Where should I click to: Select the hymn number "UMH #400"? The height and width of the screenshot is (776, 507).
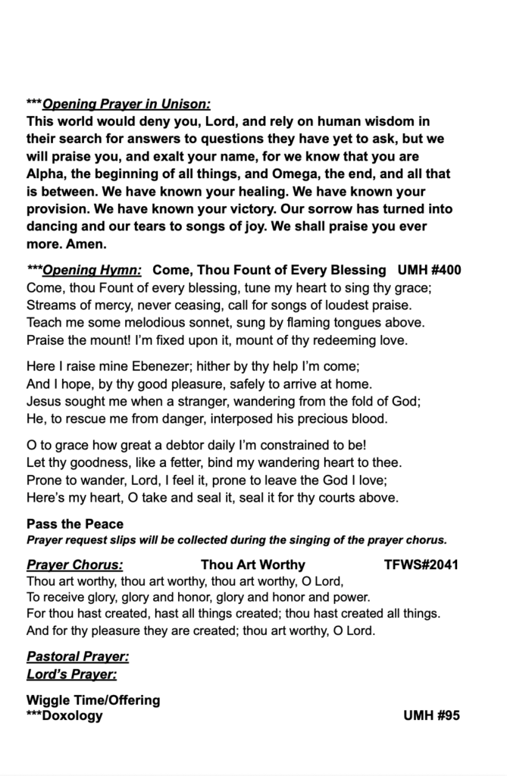coord(429,270)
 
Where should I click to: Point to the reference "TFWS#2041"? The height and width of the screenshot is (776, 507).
coord(421,565)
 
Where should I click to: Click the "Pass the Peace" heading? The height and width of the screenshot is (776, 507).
coord(75,524)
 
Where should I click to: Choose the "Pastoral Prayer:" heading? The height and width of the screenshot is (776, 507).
coord(77,656)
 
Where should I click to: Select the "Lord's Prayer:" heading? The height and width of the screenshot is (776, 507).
coord(71,674)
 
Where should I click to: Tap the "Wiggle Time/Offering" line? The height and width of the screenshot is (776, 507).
coord(93,700)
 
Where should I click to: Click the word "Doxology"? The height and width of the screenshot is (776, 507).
coord(73,715)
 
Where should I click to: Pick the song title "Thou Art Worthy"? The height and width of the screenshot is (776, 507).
coord(253,565)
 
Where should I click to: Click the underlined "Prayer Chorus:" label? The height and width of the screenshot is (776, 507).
coord(75,565)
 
